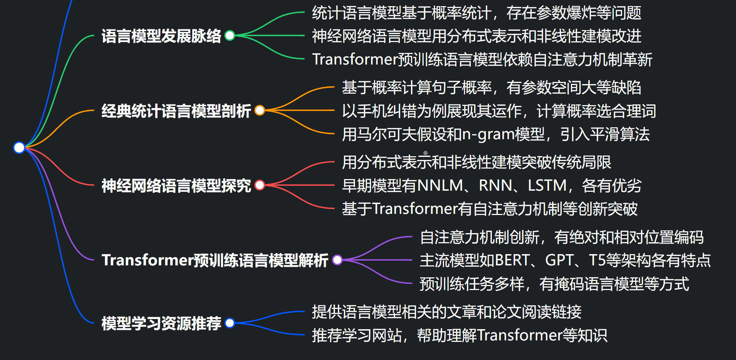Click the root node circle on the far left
[19, 148]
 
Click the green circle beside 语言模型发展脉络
[230, 36]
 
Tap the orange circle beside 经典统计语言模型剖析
[260, 110]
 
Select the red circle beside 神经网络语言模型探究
[260, 185]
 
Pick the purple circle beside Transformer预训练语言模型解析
[337, 260]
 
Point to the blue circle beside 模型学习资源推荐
[230, 323]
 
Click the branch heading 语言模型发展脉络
[161, 36]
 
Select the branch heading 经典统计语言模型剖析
[176, 111]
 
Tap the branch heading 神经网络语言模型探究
[176, 186]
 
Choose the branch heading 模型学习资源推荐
[161, 323]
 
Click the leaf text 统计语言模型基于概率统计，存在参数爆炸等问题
[476, 13]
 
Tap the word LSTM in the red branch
[547, 186]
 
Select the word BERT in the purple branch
[513, 260]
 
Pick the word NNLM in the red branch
[440, 186]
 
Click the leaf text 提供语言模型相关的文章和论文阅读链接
[447, 312]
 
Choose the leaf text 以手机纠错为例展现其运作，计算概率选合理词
[499, 111]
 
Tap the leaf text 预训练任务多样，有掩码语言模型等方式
[554, 284]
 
